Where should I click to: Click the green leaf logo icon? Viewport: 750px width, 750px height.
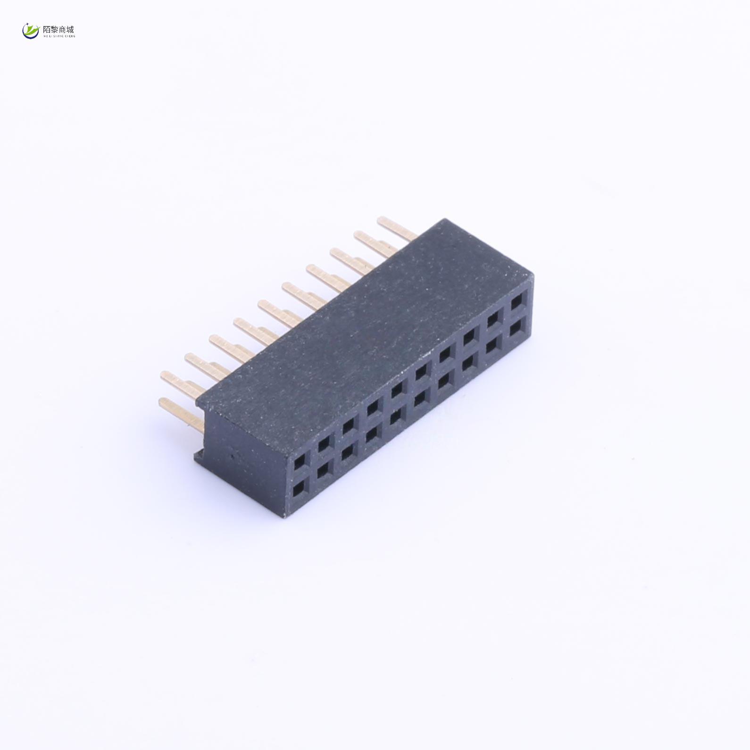(x=31, y=31)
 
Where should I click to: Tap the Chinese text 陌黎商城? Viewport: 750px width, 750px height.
(x=58, y=29)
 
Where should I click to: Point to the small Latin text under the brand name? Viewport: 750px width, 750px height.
(x=58, y=36)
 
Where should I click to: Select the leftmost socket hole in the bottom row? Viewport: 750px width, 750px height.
(x=300, y=491)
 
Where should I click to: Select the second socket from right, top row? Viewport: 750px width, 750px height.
(x=493, y=319)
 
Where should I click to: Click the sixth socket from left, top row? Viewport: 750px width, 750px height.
(x=421, y=372)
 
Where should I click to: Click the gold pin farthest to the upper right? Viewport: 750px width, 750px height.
(x=396, y=226)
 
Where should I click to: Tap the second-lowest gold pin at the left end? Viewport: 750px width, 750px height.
(x=182, y=383)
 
